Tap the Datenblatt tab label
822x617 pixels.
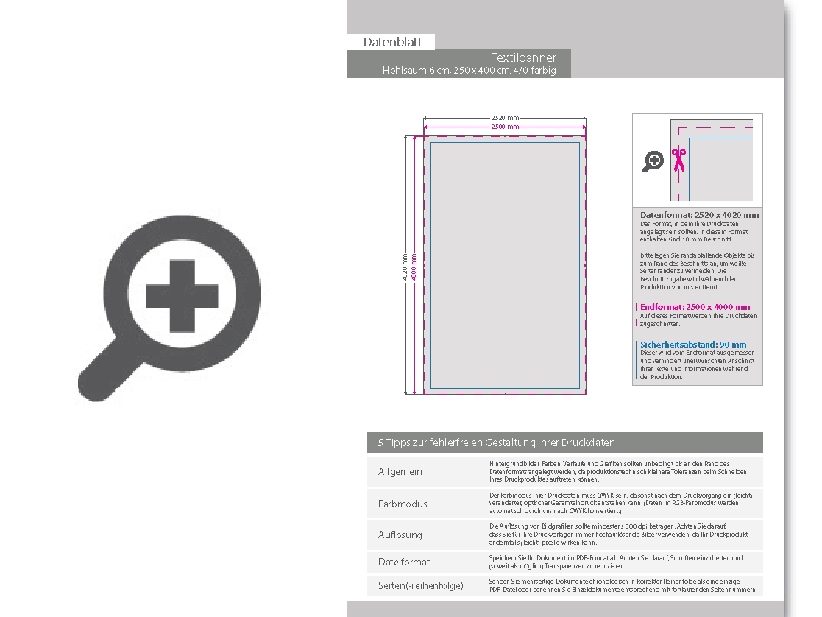392,42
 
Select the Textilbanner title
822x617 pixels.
524,57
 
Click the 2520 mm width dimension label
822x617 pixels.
505,118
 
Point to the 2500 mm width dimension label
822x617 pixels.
505,127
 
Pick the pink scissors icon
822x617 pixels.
678,160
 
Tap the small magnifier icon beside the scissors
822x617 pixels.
653,161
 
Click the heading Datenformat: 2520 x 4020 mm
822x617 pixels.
699,215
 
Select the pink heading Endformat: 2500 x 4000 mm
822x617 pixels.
695,307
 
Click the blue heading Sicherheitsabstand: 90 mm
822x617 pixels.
692,345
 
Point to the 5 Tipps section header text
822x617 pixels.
496,443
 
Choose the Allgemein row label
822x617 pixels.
400,471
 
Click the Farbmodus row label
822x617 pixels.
403,504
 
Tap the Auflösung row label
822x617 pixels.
400,535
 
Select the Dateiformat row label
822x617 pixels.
404,562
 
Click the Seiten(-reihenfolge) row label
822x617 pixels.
421,585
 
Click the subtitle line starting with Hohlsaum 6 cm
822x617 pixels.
469,71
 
